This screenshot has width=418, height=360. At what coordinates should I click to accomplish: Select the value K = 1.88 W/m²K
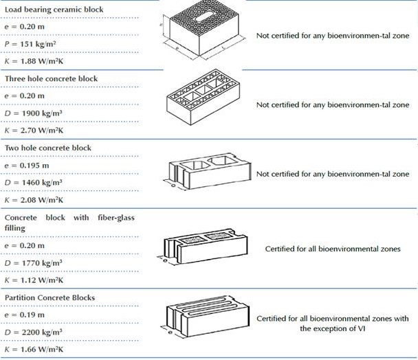33,60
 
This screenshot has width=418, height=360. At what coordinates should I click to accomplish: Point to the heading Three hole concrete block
52,78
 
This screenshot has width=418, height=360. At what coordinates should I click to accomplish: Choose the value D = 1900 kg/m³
33,113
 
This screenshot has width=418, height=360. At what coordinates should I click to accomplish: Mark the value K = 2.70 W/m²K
33,130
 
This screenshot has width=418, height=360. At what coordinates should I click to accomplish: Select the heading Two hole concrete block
48,148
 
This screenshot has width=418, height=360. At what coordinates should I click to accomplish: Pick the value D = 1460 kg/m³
33,182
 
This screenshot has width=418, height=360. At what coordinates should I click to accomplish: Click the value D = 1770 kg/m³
33,262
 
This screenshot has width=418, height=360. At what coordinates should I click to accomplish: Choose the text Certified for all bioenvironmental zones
333,248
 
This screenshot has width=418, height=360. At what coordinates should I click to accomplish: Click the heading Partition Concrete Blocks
50,297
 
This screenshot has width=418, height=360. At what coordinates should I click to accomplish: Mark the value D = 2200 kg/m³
33,332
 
